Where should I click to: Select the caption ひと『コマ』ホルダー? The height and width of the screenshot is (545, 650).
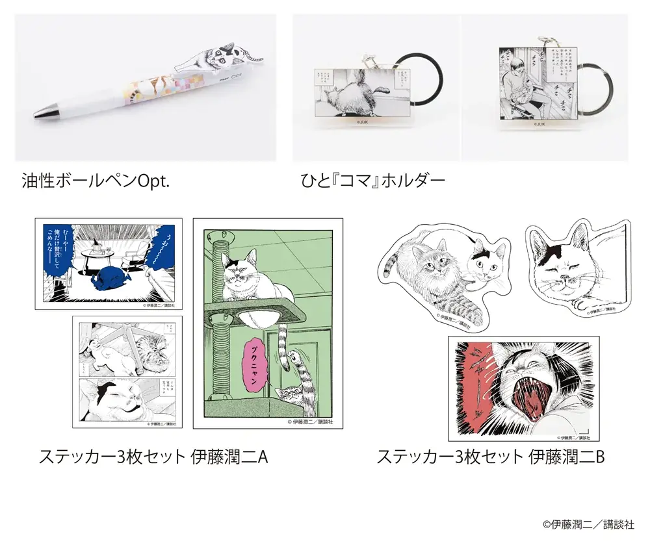click(369, 180)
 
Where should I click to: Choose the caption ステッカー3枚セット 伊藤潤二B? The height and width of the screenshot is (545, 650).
click(491, 457)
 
